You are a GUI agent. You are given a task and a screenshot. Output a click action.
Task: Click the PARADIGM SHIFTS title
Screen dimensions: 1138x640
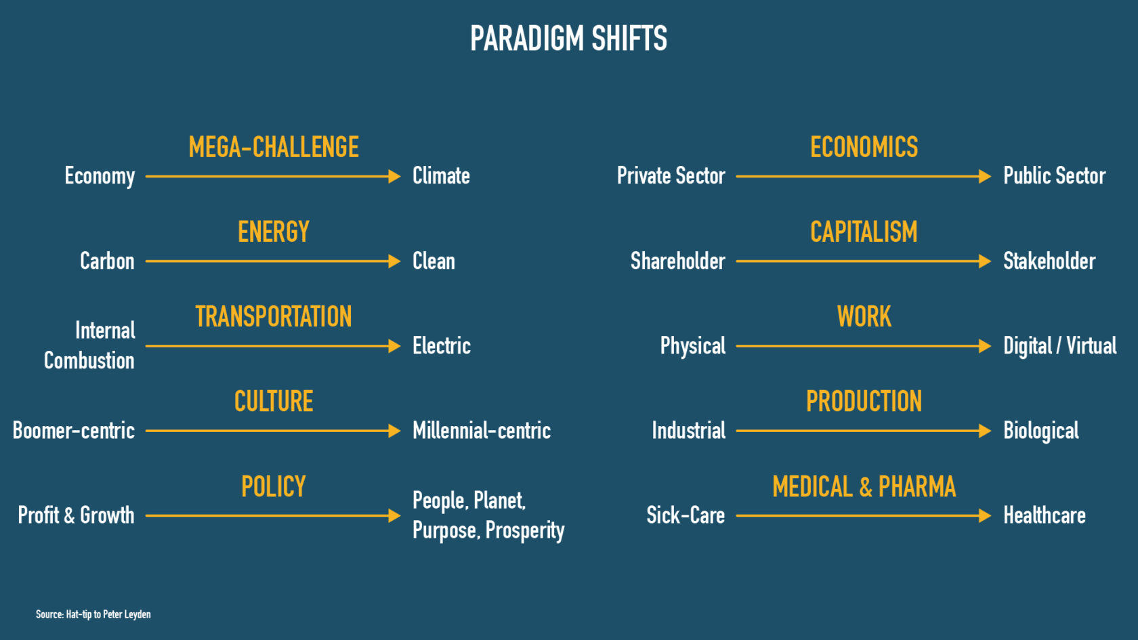[x=568, y=38]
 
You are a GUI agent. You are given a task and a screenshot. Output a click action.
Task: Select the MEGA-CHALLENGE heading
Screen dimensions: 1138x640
[x=274, y=147]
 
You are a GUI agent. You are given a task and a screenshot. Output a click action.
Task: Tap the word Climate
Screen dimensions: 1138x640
[x=441, y=176]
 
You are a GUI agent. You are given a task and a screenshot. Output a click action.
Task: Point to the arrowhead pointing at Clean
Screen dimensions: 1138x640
[x=395, y=261]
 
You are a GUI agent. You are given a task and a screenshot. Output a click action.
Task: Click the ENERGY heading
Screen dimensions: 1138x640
[x=274, y=232]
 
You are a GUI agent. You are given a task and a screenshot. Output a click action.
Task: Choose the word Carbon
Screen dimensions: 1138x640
[x=107, y=261]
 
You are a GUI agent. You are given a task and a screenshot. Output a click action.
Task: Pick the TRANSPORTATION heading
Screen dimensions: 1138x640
[x=274, y=316]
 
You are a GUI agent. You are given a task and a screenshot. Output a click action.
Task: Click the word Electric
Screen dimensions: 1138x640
[x=442, y=346]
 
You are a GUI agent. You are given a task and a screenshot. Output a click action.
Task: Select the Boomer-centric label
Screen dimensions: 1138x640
[x=74, y=431]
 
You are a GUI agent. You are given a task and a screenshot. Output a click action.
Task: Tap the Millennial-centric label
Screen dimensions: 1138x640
[x=482, y=431]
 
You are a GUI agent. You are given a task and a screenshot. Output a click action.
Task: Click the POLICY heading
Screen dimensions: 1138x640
[x=274, y=486]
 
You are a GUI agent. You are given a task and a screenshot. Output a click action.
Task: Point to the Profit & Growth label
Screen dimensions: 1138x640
[x=76, y=515]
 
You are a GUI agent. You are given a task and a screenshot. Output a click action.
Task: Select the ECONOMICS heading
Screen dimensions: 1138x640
[x=864, y=147]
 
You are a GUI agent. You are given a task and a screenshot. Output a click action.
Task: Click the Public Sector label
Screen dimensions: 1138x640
[x=1054, y=176]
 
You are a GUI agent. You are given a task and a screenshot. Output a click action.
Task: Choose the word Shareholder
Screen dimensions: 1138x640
[x=677, y=261]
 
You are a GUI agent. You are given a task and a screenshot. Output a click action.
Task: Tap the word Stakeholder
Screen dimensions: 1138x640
[x=1049, y=261]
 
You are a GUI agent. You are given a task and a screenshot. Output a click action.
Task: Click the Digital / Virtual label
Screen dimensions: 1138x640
[x=1059, y=346]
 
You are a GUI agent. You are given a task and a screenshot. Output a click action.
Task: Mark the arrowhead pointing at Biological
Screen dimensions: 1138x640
[x=985, y=431]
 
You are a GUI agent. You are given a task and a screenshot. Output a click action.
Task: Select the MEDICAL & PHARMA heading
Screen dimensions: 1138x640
[x=864, y=486]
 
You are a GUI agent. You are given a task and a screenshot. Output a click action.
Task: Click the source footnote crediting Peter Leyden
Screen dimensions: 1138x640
[x=93, y=614]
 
